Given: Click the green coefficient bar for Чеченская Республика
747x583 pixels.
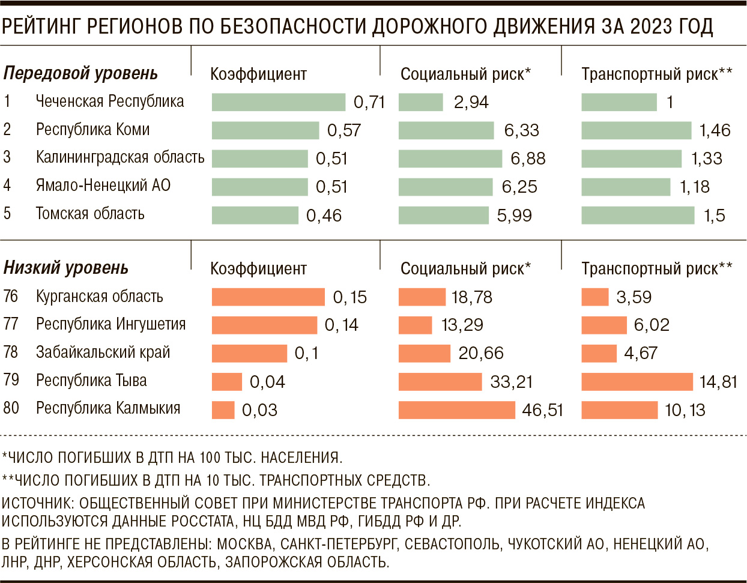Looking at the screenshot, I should [x=278, y=102].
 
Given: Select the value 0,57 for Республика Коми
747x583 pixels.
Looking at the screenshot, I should [x=344, y=130].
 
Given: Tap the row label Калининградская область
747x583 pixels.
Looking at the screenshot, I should [x=120, y=157].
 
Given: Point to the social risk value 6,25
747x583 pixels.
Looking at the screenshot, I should [x=519, y=187].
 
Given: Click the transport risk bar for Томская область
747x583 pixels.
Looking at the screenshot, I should [x=638, y=215].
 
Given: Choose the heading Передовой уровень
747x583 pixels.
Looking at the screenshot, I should [x=80, y=73].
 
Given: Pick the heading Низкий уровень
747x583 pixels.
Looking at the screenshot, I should [x=66, y=268].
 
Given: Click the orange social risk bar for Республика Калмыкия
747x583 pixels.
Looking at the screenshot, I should [x=456, y=410].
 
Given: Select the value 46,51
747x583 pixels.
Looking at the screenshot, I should [x=543, y=410].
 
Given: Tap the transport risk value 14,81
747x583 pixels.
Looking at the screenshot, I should [x=718, y=382].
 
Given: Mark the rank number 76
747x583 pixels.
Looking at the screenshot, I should [x=11, y=296].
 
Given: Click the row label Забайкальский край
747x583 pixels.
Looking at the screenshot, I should [x=103, y=352].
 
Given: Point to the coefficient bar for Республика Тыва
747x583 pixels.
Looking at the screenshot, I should [x=226, y=382].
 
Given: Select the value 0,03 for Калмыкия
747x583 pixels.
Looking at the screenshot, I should [x=259, y=410].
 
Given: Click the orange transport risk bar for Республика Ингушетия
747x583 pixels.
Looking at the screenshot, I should [x=604, y=325].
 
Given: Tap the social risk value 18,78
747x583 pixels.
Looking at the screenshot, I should [x=472, y=297].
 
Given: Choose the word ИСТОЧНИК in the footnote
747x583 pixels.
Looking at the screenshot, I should [x=37, y=503].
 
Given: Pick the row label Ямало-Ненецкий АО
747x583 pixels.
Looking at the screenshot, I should [x=103, y=186].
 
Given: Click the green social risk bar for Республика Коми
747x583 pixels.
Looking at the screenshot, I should [x=446, y=130].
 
